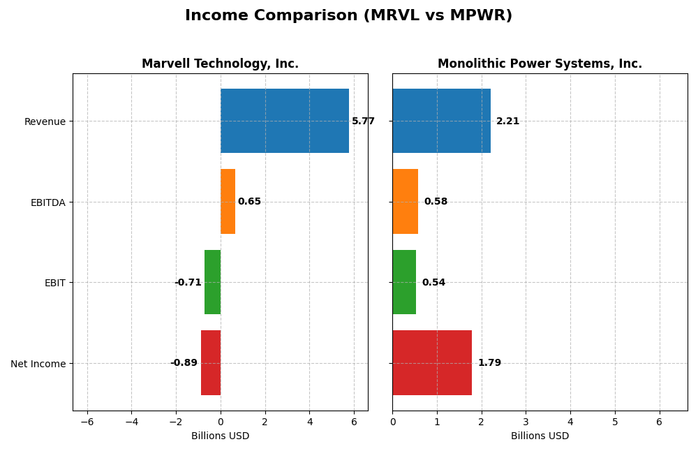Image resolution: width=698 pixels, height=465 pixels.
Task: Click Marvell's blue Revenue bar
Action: (x=284, y=121)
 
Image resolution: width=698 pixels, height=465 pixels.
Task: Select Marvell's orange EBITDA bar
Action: (x=228, y=201)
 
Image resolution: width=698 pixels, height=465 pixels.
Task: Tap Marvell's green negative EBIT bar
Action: (x=212, y=282)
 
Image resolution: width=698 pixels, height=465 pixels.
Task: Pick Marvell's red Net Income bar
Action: (x=210, y=362)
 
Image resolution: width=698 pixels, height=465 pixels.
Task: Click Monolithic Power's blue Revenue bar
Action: (x=441, y=121)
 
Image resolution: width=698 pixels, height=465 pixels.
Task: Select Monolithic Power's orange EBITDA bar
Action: (x=405, y=201)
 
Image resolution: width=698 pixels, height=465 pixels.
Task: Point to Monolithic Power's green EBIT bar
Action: (x=404, y=282)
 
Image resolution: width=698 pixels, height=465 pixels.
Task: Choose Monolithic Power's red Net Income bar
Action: (x=432, y=362)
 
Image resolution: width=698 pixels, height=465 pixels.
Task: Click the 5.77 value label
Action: (x=363, y=121)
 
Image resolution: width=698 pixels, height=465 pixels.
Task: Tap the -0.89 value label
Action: (x=184, y=363)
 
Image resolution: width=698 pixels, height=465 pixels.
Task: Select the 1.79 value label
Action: (x=489, y=363)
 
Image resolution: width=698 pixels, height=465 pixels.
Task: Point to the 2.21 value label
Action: (x=507, y=121)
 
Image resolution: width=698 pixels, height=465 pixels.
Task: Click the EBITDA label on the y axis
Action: (x=47, y=202)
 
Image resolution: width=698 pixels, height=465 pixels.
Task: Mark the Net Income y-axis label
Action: (x=38, y=364)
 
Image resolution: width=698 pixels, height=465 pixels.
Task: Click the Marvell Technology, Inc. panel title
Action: (x=220, y=64)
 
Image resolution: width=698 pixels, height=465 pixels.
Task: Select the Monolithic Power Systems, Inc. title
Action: (x=540, y=64)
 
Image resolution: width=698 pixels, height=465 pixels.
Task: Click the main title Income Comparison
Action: (x=348, y=16)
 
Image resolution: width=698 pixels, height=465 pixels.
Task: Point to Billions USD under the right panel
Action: (x=540, y=436)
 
